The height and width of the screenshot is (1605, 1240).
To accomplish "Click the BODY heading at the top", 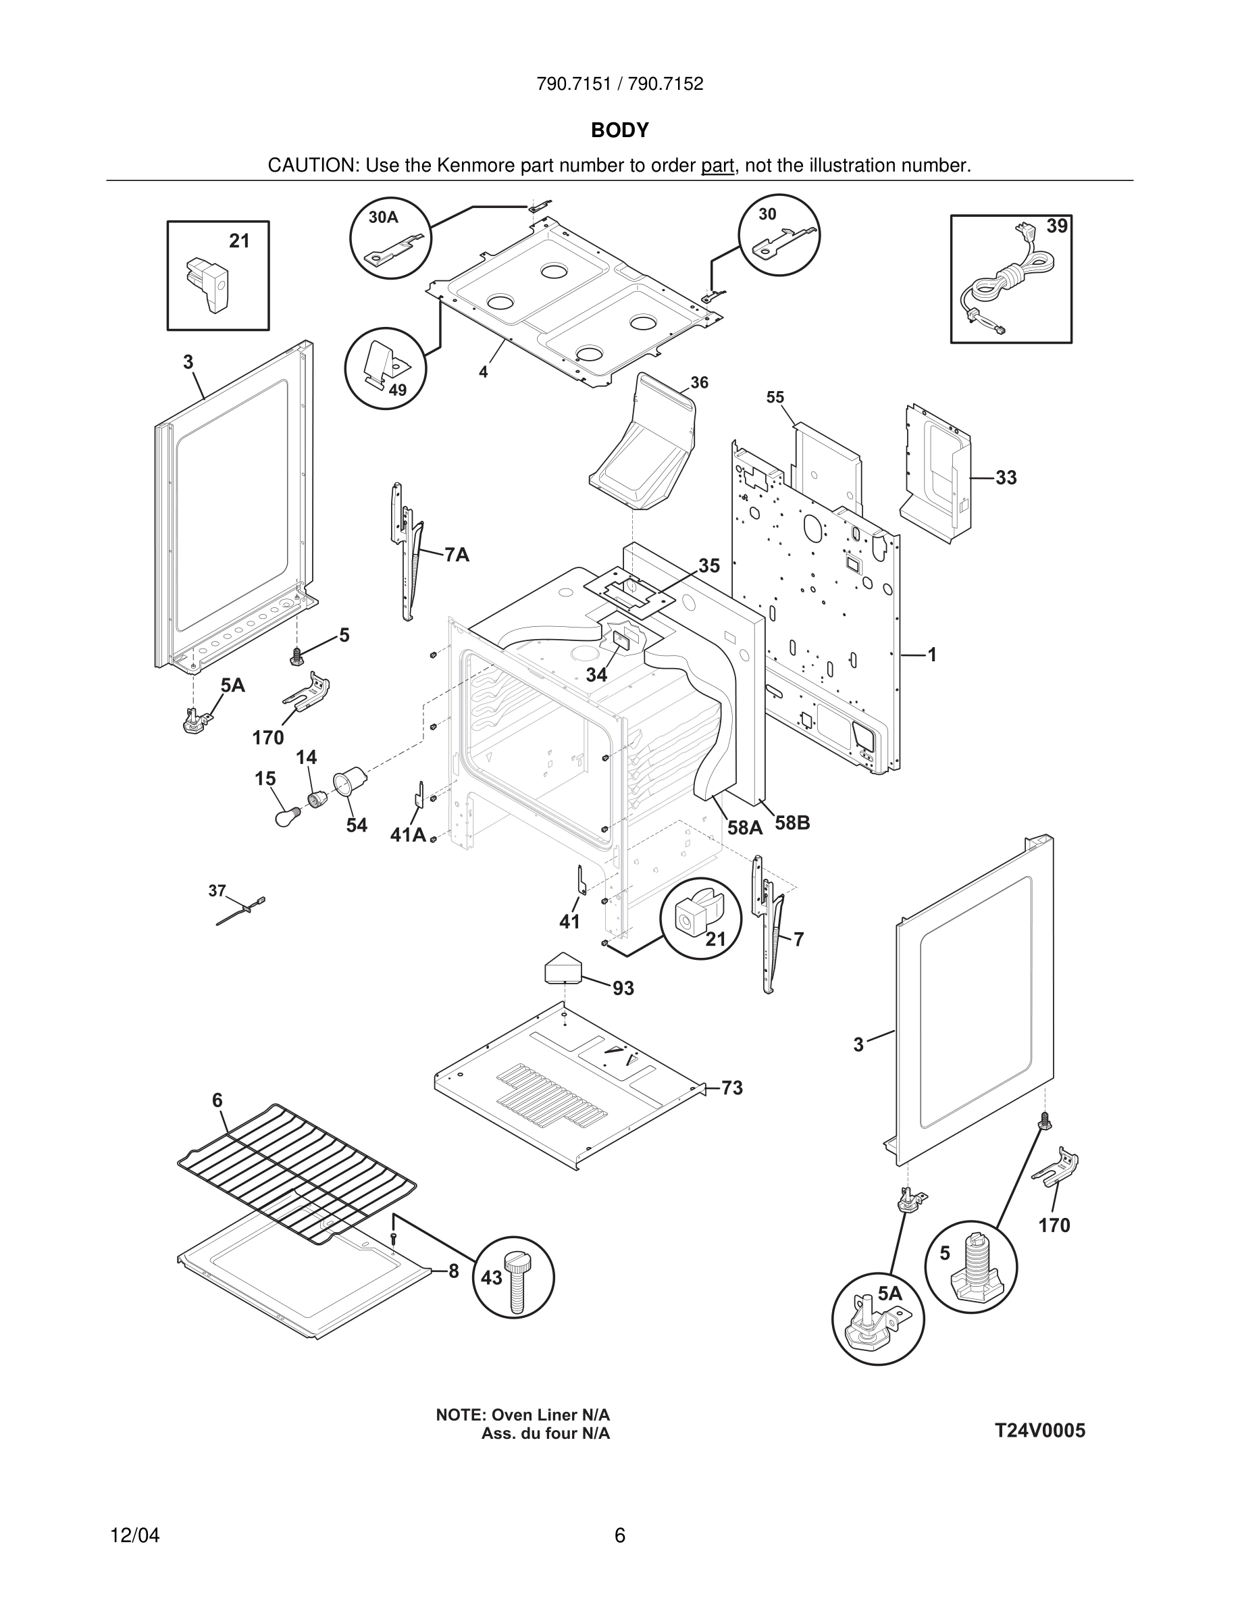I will [619, 130].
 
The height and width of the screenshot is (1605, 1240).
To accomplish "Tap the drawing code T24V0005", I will [1039, 1431].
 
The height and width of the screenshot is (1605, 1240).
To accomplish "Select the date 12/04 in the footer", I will [134, 1535].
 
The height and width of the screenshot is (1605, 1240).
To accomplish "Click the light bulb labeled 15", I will [286, 815].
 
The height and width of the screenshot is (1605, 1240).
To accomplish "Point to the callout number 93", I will [623, 988].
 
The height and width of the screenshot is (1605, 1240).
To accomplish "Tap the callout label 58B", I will [792, 823].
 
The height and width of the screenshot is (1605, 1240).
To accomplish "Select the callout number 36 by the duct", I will [699, 383].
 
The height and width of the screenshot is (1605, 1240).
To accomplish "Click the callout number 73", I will [731, 1088].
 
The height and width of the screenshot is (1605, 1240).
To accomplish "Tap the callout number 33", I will [1006, 478].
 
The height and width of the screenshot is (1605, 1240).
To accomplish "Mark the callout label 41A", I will [408, 835].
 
